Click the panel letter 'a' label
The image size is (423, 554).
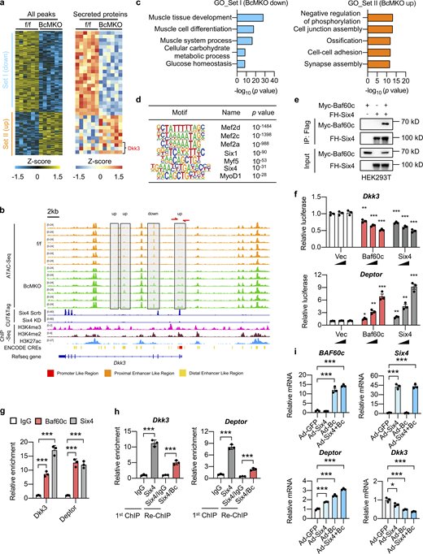tap(5, 6)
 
